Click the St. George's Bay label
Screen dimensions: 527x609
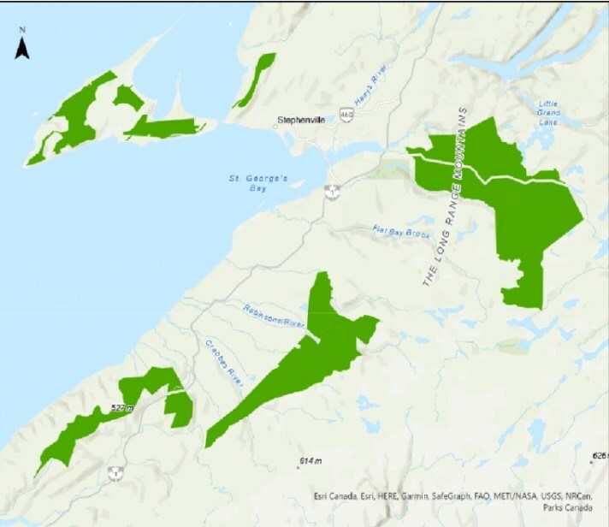click(x=250, y=183)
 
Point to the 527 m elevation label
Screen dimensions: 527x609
click(x=123, y=409)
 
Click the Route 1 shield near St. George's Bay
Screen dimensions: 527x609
click(x=333, y=189)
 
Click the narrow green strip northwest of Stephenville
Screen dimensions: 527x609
click(x=254, y=80)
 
